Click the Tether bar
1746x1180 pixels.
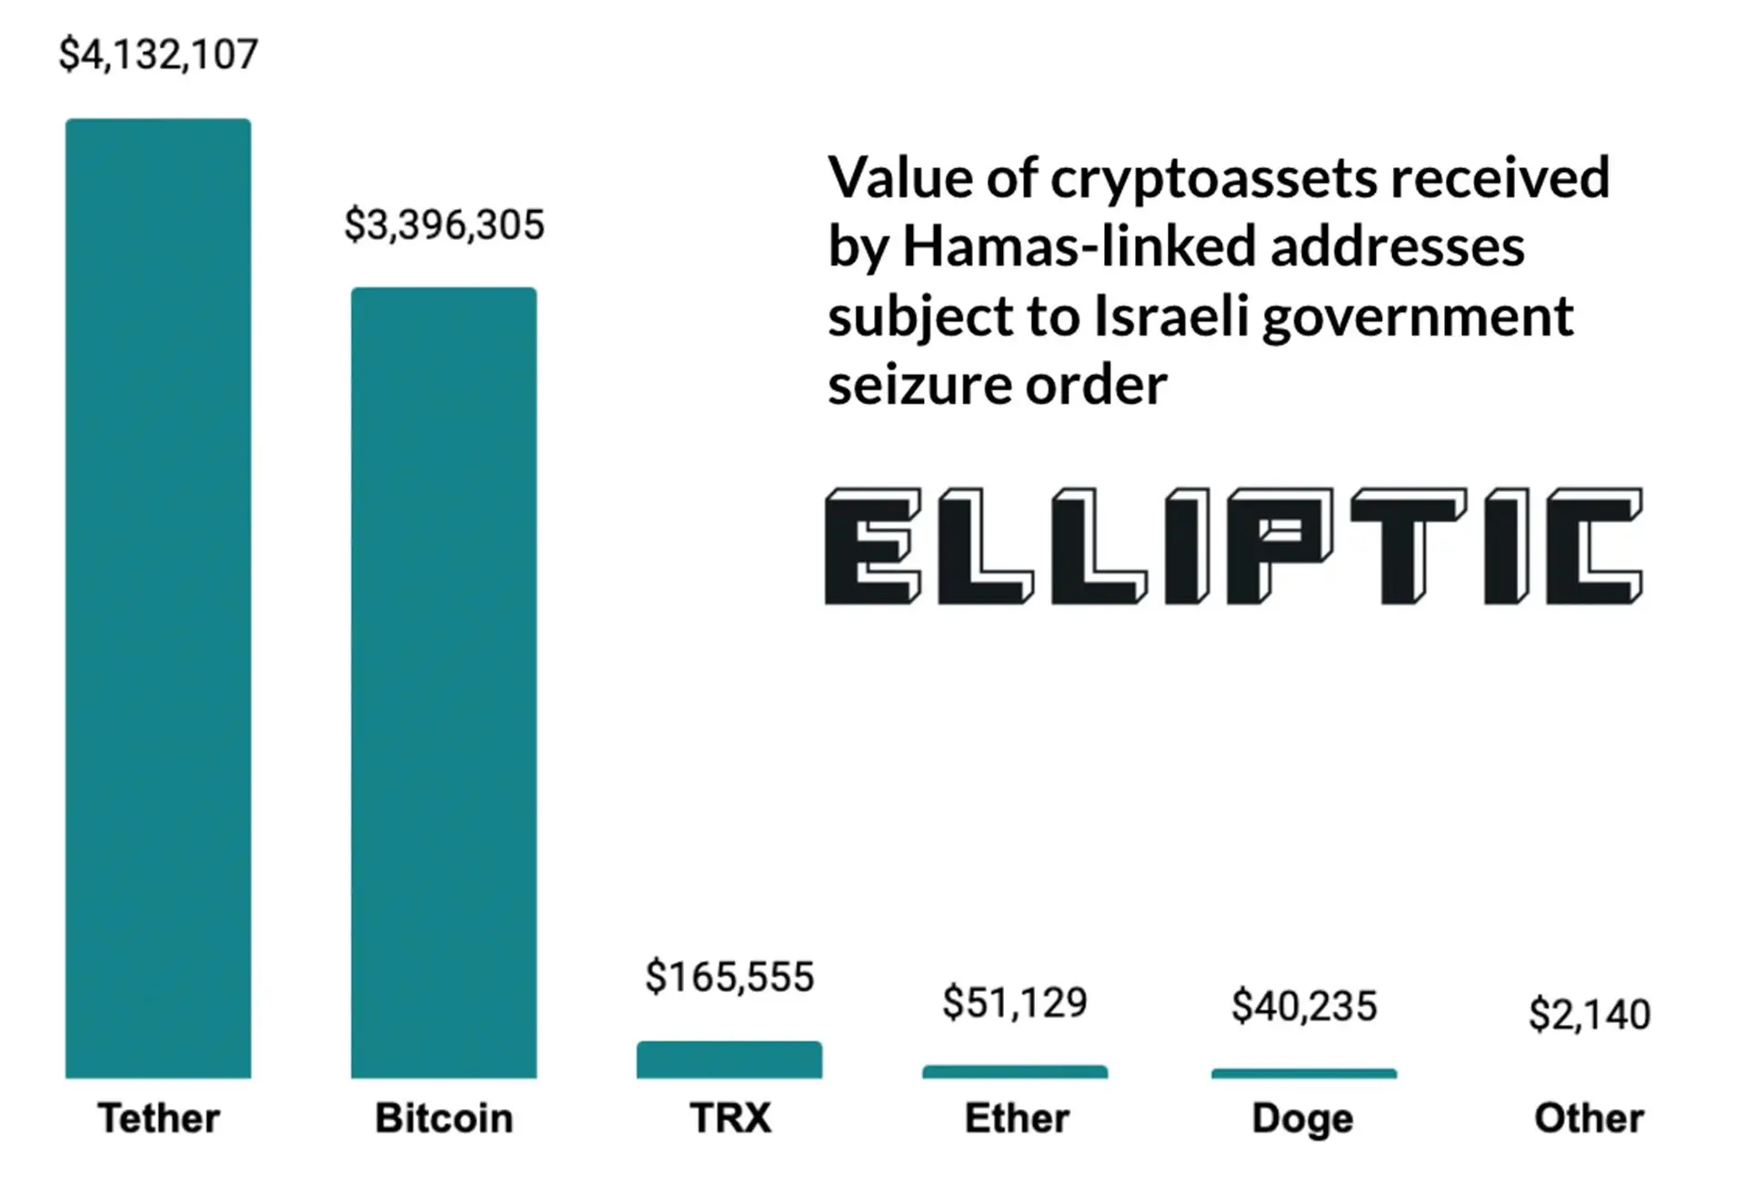[158, 598]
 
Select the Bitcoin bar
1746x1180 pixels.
[444, 683]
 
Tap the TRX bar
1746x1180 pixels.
[729, 1060]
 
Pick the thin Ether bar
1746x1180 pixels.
[1015, 1073]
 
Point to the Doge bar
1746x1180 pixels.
[1304, 1075]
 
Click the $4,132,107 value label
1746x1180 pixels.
[158, 55]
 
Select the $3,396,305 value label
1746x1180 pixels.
[444, 225]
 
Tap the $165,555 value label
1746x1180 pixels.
[729, 977]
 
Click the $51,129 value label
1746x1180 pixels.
[1015, 1003]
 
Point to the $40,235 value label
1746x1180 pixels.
[1304, 1006]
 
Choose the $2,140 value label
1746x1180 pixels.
[1590, 1015]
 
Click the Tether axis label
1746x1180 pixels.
[158, 1118]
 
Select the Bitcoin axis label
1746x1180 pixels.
[444, 1118]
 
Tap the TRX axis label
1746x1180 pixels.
[729, 1118]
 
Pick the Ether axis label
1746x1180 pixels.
[1016, 1118]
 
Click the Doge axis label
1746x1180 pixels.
[1302, 1119]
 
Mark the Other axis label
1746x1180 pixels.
[1589, 1118]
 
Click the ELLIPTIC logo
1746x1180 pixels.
[1233, 546]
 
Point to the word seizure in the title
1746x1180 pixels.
[919, 385]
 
